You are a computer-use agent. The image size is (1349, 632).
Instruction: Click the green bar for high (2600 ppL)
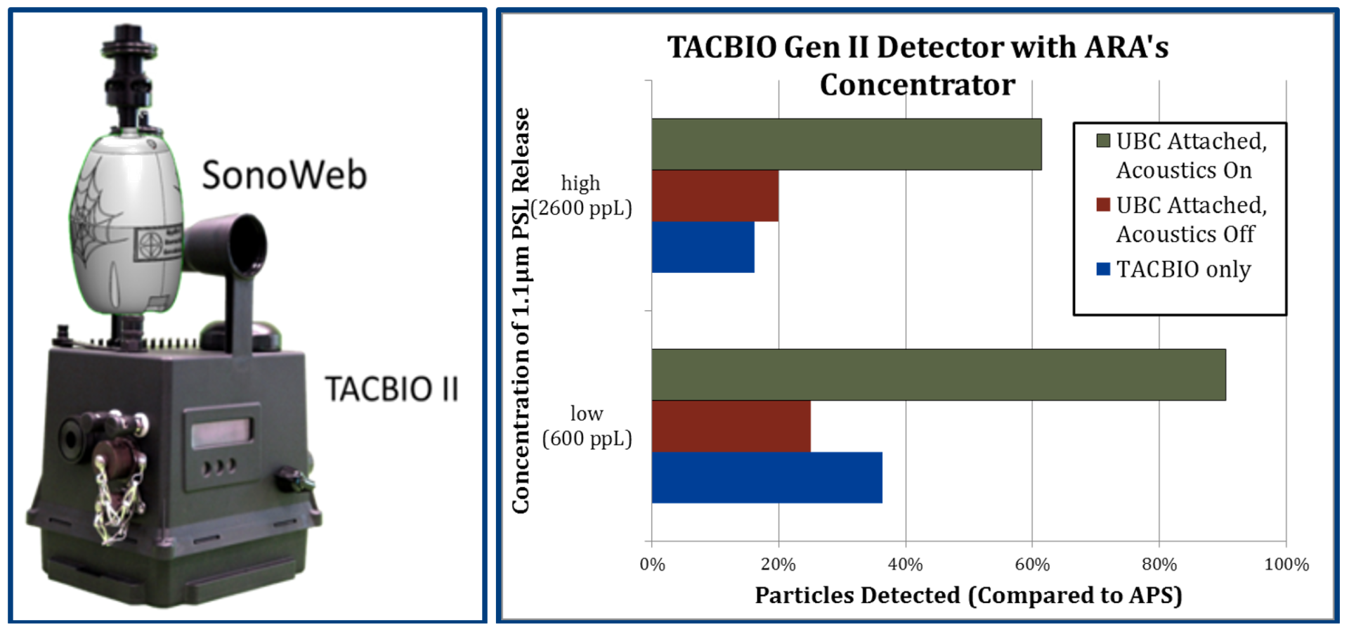[846, 144]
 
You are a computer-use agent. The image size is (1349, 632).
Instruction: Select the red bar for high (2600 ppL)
[715, 195]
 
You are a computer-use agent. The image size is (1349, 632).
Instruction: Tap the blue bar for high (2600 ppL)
[703, 247]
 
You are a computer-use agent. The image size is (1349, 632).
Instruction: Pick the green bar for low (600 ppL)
[938, 375]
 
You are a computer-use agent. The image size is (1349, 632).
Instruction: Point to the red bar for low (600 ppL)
[731, 426]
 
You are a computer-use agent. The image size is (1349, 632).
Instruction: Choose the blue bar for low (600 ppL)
[767, 477]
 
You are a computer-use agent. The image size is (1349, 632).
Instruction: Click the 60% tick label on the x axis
[1032, 565]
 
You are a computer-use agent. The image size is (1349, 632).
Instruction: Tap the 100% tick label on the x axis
[1286, 565]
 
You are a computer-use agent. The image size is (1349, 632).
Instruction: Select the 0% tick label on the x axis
[652, 565]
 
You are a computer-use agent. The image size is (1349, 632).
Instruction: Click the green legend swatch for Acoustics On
[1103, 141]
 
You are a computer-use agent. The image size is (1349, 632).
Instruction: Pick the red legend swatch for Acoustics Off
[1103, 205]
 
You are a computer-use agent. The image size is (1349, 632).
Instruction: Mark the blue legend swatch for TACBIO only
[1103, 269]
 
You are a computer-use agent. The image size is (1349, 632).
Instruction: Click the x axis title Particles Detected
[968, 595]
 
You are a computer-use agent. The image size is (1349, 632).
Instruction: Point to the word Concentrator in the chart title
[917, 85]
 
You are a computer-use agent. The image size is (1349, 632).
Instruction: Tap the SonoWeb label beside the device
[284, 175]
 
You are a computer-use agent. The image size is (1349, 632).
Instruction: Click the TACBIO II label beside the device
[391, 389]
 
